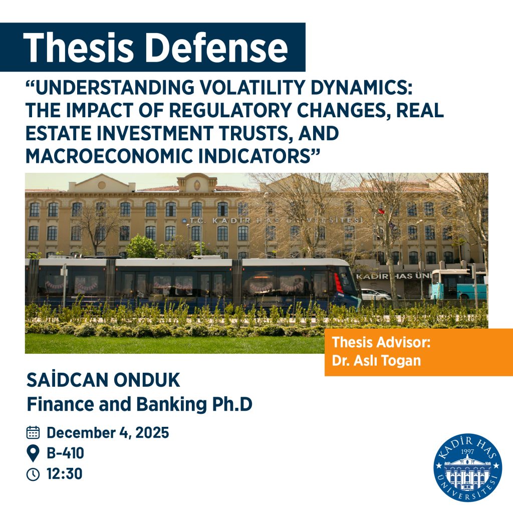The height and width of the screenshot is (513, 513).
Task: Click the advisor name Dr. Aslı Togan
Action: tap(369, 360)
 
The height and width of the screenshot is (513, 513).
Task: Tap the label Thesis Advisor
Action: tap(381, 343)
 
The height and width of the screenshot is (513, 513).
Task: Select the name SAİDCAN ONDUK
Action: tap(103, 381)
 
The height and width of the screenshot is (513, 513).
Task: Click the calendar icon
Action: tap(33, 432)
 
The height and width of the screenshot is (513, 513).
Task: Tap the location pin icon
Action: tap(33, 453)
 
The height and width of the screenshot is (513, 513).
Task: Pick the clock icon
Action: tap(33, 474)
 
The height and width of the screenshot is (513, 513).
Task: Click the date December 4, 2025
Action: tap(108, 432)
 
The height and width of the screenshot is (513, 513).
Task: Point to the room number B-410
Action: tap(66, 453)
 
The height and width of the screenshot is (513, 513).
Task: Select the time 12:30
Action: tap(65, 474)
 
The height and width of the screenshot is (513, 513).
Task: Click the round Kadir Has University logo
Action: tap(467, 467)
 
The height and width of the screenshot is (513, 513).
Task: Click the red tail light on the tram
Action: tap(339, 284)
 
